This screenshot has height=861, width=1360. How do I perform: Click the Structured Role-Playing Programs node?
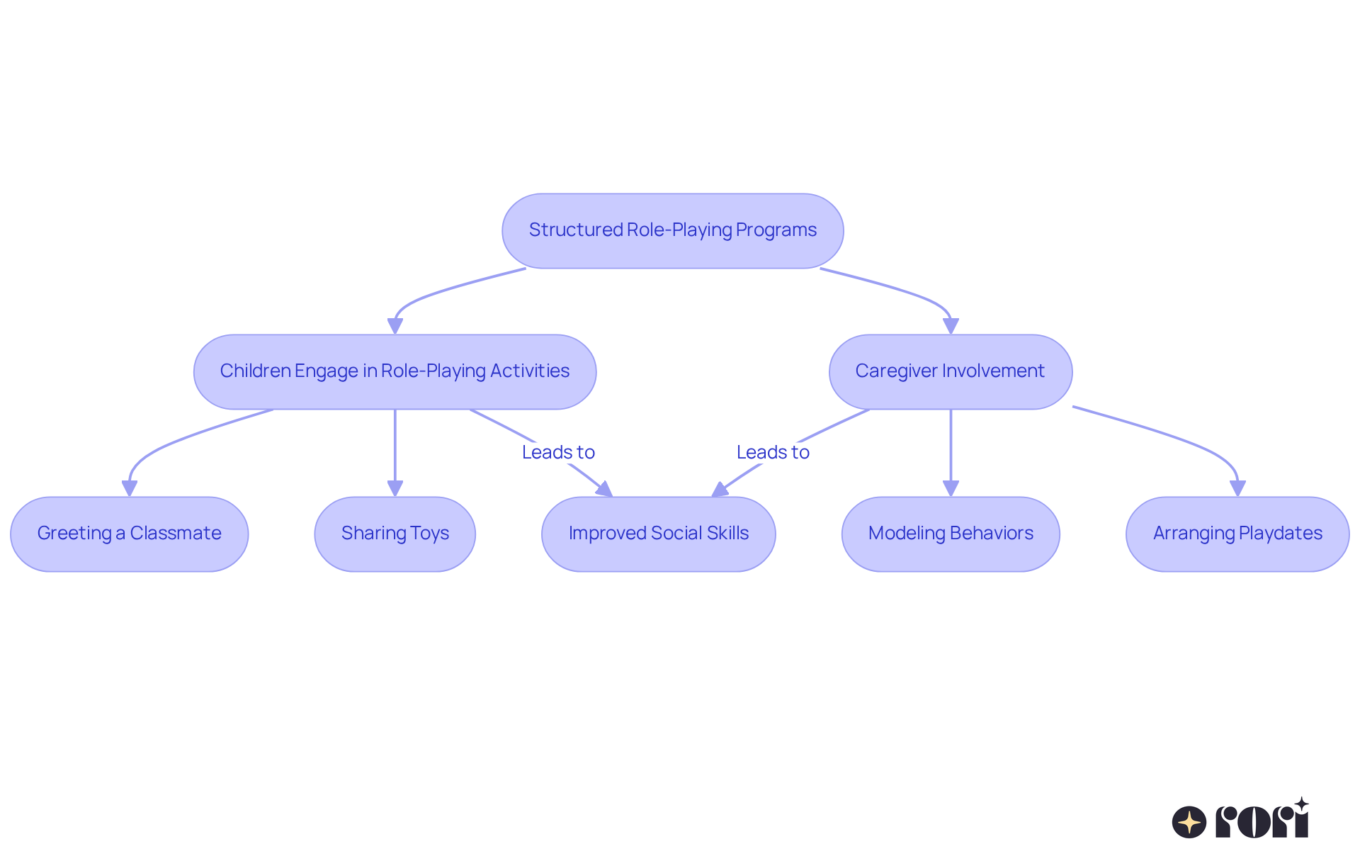(x=672, y=230)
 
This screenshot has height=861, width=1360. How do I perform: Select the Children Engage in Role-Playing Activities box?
(x=395, y=371)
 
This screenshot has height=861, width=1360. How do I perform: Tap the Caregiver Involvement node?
(x=950, y=371)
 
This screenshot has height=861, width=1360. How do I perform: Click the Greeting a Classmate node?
(x=129, y=534)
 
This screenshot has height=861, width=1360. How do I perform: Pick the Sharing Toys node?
(x=395, y=534)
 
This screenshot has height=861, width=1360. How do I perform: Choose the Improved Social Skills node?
(x=658, y=534)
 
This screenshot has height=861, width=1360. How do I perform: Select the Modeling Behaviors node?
(x=950, y=534)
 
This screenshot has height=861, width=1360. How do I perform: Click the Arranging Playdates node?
(x=1237, y=534)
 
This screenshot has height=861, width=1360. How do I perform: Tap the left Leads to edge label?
(x=558, y=452)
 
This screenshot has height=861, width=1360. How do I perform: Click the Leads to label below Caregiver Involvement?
(x=773, y=452)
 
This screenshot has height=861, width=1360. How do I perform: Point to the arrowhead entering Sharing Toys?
(x=395, y=488)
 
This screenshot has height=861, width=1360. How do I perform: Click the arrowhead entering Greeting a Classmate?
(x=129, y=488)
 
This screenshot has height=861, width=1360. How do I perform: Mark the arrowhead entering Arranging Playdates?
(x=1237, y=488)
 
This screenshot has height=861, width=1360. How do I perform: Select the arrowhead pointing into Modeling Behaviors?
(x=950, y=488)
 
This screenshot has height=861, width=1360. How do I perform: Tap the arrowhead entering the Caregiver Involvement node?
(x=950, y=326)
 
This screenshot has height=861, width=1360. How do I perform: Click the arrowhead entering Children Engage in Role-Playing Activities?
(x=395, y=326)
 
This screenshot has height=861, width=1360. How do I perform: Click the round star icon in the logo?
(x=1189, y=822)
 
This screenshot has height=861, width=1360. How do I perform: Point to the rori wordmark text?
(x=1262, y=821)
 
